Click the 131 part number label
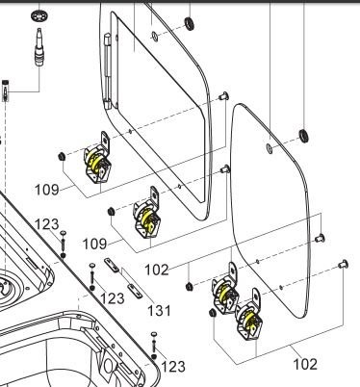pos(159,311)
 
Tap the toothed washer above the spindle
pos(39,15)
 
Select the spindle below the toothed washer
pos(39,46)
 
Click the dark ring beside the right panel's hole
pos(303,135)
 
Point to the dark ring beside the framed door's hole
pos(190,22)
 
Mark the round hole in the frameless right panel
pos(270,148)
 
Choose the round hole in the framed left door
pos(154,37)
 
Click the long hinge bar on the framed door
pos(107,70)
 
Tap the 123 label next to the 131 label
pos(113,298)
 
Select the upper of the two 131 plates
pos(112,265)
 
